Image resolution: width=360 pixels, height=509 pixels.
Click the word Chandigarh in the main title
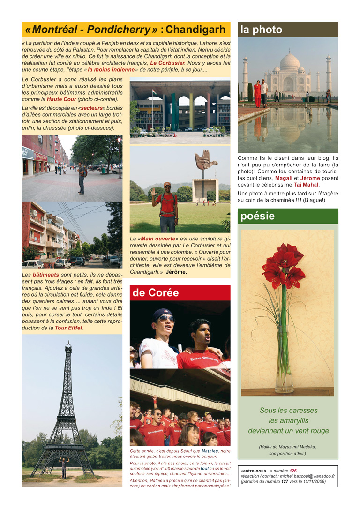(195, 30)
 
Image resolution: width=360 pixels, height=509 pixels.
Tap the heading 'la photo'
(262, 30)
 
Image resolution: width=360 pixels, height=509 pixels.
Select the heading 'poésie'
(258, 217)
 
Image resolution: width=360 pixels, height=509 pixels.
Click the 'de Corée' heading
(155, 293)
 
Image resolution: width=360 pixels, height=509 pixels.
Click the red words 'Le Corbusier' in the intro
(167, 63)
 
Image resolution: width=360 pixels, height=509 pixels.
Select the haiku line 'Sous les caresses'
(288, 410)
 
